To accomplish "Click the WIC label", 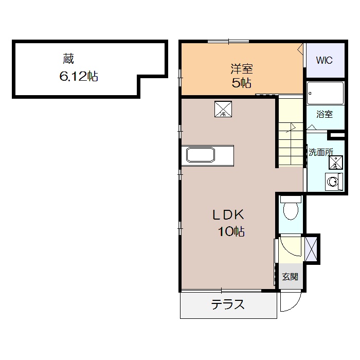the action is coord(324,60).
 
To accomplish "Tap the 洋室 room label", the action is coord(242,69).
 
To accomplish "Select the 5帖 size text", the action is coord(241,83).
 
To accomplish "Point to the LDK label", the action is coord(228,215).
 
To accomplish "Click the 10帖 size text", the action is coord(231,231).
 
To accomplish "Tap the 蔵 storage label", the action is coord(68,59).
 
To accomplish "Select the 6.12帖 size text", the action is coord(79,76).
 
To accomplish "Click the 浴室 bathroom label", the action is coord(325,114).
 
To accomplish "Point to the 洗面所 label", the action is coord(320,152).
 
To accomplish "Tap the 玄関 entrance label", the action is coord(290,277).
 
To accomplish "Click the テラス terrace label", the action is coord(228,304).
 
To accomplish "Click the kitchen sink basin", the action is coord(201,155).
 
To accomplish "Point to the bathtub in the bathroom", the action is coord(325,93).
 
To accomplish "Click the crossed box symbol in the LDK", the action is coord(223,109).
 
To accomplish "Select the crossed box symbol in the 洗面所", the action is coord(336,163).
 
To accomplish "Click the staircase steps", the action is coord(291,131).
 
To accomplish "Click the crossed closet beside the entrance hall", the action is coord(311,249).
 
